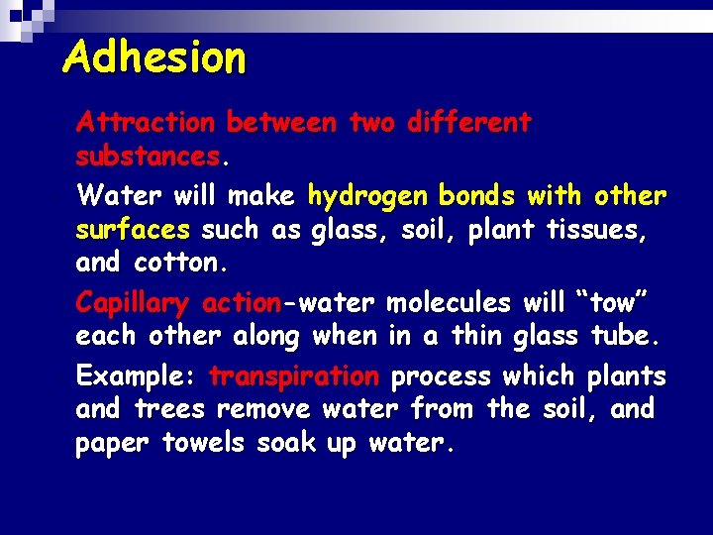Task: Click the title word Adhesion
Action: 153,57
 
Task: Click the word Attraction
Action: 146,123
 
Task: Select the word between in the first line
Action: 283,123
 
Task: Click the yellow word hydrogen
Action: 368,196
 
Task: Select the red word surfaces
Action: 133,230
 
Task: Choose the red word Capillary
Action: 134,302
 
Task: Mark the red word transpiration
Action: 294,376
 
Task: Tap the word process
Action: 441,376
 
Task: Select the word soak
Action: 287,443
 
